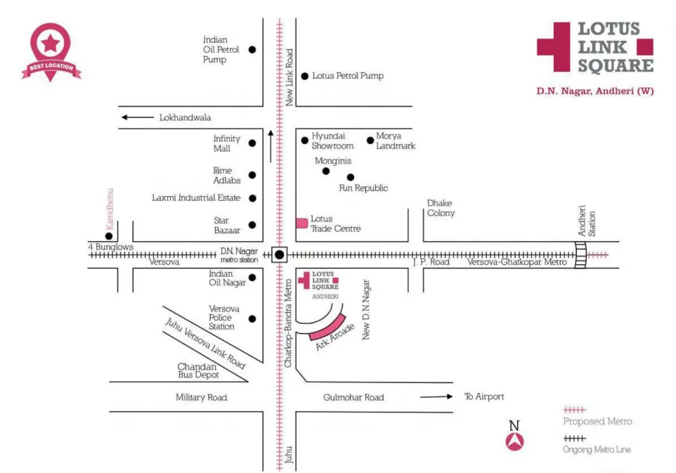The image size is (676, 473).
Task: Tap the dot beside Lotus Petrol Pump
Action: (305, 76)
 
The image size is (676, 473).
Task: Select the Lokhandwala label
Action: (185, 118)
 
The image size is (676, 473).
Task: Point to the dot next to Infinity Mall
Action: (252, 143)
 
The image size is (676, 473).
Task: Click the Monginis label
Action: (332, 160)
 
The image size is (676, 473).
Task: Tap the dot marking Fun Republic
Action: (351, 177)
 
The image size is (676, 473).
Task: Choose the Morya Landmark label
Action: (396, 141)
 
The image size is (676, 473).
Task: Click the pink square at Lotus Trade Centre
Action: (301, 223)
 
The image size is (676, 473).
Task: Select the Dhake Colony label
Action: (441, 208)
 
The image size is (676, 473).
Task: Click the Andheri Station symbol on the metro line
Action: (580, 255)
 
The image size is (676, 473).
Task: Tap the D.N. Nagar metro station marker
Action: (280, 255)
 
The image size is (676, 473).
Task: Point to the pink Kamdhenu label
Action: (110, 208)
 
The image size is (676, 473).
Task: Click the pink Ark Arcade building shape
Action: (327, 328)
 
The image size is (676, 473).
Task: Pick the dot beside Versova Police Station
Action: (252, 318)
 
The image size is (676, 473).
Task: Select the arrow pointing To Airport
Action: (436, 397)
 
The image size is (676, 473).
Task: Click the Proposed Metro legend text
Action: (597, 421)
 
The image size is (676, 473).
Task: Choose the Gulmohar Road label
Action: (353, 398)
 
